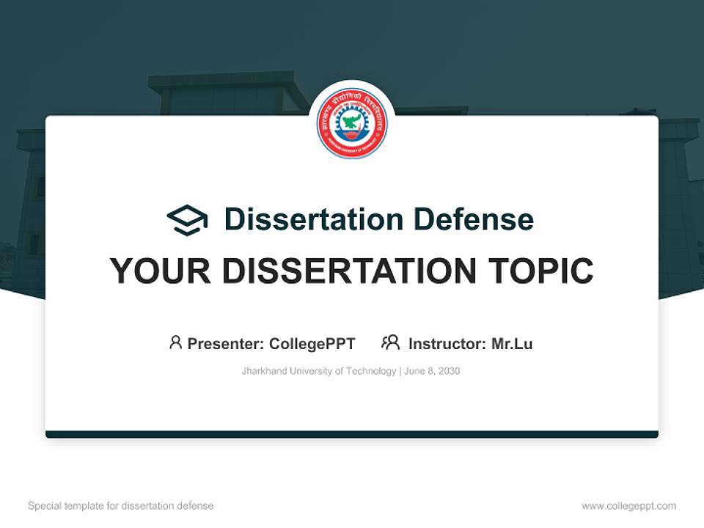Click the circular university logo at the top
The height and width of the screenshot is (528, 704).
pyautogui.click(x=352, y=123)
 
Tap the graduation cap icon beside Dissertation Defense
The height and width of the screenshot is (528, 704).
pyautogui.click(x=187, y=219)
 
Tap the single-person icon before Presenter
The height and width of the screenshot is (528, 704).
pyautogui.click(x=175, y=342)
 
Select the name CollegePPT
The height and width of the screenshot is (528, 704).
pyautogui.click(x=312, y=343)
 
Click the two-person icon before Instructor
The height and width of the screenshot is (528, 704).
pyautogui.click(x=391, y=342)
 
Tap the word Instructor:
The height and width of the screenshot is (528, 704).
pyautogui.click(x=447, y=343)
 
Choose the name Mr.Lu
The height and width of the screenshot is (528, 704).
pyautogui.click(x=512, y=343)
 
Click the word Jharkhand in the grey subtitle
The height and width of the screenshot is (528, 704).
pyautogui.click(x=264, y=371)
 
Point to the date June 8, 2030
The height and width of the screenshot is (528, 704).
pyautogui.click(x=432, y=371)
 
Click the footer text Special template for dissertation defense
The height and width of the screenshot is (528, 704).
pyautogui.click(x=120, y=506)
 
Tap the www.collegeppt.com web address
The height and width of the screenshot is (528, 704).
pyautogui.click(x=628, y=506)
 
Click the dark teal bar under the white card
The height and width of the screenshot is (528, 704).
pyautogui.click(x=352, y=434)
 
